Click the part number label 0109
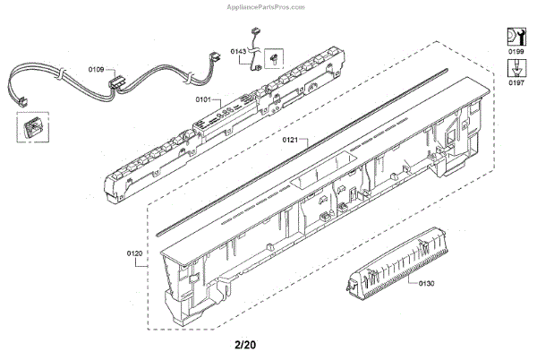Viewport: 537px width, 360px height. click(x=96, y=69)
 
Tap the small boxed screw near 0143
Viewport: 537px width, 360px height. click(x=274, y=59)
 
